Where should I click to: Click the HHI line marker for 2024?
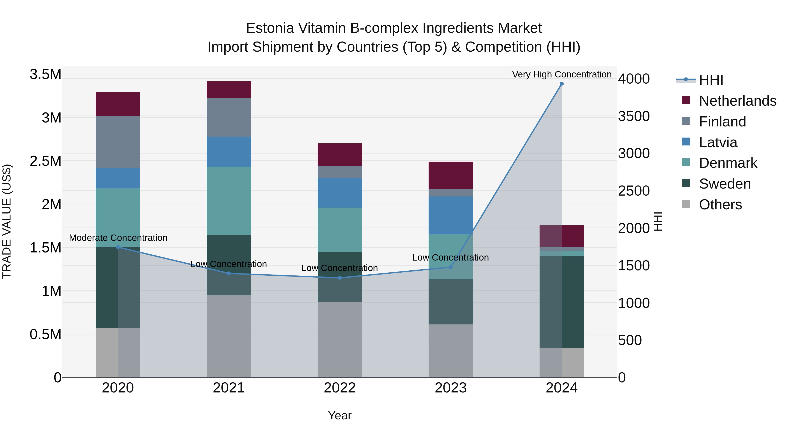562,84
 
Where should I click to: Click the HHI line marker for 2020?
118,247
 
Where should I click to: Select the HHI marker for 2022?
339,278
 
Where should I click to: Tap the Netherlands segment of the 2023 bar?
451,175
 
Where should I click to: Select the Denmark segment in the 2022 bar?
339,230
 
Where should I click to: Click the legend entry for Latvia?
718,142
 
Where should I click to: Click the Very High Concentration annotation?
562,74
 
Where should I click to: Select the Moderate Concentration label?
118,238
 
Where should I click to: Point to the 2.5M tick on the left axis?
45,161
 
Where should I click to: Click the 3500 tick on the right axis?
634,116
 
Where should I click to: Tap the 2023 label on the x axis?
451,388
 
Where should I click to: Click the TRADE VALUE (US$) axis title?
7,221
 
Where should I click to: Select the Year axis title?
339,415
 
